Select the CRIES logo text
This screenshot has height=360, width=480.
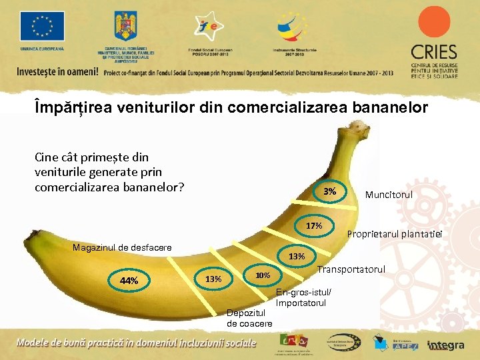pyautogui.click(x=433, y=52)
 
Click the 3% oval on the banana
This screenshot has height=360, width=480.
pyautogui.click(x=330, y=192)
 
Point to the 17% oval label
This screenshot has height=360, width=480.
pyautogui.click(x=314, y=226)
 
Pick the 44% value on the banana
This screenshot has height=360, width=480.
pyautogui.click(x=129, y=281)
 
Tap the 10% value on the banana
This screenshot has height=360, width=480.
pyautogui.click(x=262, y=275)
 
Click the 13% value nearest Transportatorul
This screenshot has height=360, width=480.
pyautogui.click(x=297, y=256)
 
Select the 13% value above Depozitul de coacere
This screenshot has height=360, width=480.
pyautogui.click(x=213, y=279)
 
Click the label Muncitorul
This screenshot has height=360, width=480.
pyautogui.click(x=389, y=195)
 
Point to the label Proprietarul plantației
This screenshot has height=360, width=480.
pyautogui.click(x=395, y=233)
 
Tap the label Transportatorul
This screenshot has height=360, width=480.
pyautogui.click(x=351, y=269)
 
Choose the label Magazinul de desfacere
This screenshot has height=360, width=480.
pyautogui.click(x=121, y=247)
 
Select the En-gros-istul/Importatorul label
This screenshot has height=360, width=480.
pyautogui.click(x=303, y=298)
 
